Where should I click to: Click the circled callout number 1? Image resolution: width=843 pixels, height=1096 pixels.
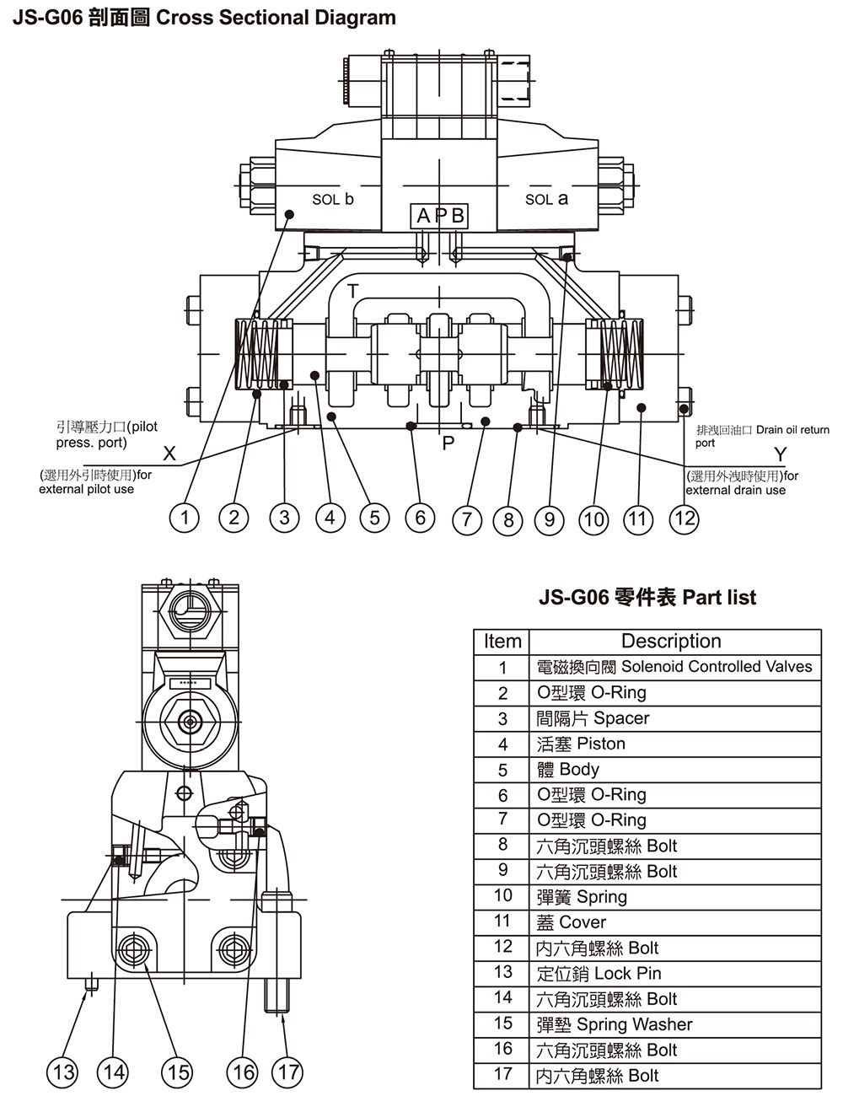click(185, 517)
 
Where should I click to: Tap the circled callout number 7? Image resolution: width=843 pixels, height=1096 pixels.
click(467, 519)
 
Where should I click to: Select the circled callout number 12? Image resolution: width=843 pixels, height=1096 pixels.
click(684, 517)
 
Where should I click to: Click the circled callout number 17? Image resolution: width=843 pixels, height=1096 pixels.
click(287, 1072)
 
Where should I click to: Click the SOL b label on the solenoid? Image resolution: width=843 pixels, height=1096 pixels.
click(332, 200)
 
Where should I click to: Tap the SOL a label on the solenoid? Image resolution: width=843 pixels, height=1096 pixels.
click(546, 199)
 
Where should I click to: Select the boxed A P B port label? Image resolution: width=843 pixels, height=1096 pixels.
click(440, 217)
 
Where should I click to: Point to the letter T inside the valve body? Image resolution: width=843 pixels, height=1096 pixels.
click(353, 290)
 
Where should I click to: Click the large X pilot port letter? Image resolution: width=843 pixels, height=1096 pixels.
click(169, 455)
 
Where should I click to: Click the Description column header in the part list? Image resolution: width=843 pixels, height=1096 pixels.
click(671, 642)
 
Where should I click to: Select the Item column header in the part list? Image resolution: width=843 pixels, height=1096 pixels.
click(502, 642)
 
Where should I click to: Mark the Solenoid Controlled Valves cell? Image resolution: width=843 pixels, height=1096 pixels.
click(674, 667)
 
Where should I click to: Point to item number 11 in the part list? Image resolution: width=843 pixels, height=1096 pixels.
click(502, 921)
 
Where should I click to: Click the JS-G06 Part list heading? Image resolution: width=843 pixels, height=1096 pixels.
click(647, 598)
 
